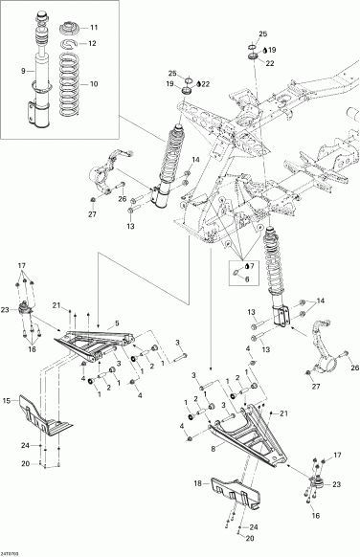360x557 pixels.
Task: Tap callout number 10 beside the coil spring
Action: tap(93, 85)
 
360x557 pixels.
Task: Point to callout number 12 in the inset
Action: tap(93, 44)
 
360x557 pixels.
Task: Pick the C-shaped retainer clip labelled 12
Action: tap(68, 44)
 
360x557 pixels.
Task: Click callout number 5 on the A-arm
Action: tap(116, 322)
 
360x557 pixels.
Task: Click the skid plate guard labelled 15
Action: tap(47, 412)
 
